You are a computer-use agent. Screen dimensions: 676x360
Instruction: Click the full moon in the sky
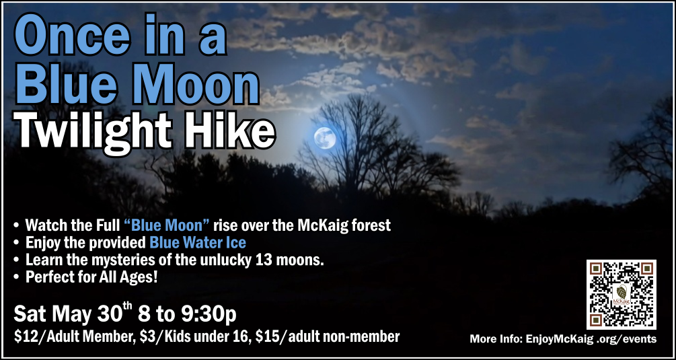click(x=325, y=138)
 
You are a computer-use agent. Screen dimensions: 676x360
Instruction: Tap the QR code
click(x=622, y=295)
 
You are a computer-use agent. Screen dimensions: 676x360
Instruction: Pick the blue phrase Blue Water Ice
click(x=198, y=243)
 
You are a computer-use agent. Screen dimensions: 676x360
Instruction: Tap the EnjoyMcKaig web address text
click(x=591, y=339)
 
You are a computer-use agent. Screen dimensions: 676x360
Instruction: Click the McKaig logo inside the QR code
click(x=622, y=295)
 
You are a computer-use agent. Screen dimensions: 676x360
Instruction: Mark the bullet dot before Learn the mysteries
click(x=16, y=260)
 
